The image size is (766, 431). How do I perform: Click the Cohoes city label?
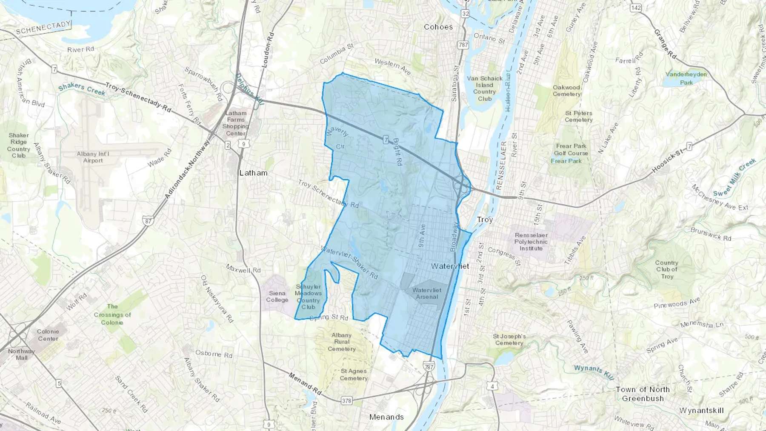438,27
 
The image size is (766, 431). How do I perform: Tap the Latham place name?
254,173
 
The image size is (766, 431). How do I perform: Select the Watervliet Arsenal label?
427,293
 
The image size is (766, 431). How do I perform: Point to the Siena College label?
277,296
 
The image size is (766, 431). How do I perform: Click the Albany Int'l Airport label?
93,157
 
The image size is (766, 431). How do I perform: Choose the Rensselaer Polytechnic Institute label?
531,242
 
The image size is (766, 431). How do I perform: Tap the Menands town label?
386,417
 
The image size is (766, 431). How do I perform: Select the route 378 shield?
346,401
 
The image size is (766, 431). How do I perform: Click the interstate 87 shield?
148,221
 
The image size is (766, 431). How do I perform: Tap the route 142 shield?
636,8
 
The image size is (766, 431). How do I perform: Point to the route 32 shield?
465,14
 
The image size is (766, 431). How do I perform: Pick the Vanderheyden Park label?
686,78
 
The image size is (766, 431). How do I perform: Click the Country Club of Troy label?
666,269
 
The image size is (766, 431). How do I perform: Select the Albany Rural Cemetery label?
342,342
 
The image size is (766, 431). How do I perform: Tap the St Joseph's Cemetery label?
509,340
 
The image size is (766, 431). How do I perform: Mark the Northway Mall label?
21,354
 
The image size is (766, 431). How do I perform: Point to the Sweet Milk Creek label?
735,177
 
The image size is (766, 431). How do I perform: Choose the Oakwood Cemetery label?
566,91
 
